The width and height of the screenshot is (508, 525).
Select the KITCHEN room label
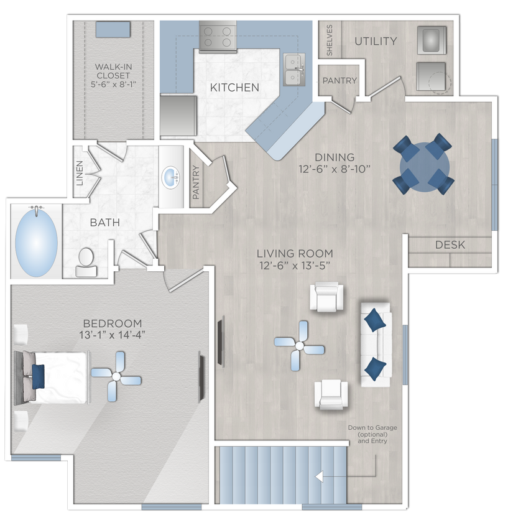tap(234, 88)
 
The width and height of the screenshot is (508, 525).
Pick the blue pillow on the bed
tap(38, 374)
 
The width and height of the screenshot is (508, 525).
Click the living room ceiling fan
tap(300, 345)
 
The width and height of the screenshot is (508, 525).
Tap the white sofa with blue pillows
tap(375, 344)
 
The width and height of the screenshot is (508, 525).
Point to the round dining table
tap(422, 165)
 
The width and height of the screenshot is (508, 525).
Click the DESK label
tap(450, 245)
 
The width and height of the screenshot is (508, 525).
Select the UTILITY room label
tap(375, 42)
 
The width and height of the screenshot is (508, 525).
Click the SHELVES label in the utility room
tap(330, 40)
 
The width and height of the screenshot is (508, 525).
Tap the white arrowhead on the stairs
tap(320, 477)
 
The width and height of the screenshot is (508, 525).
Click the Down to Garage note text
tap(372, 434)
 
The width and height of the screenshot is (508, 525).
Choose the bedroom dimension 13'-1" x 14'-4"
tap(113, 336)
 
